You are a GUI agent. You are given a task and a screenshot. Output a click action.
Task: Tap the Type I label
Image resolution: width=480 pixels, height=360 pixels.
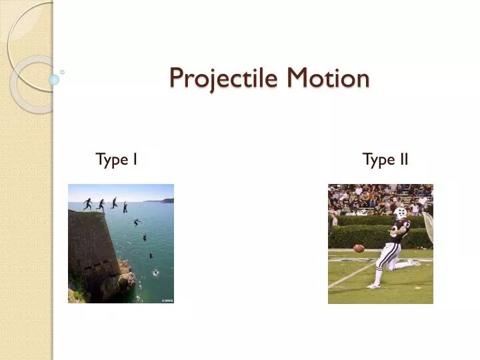(117, 159)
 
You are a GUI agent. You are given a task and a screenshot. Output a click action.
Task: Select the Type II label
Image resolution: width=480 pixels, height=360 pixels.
(385, 159)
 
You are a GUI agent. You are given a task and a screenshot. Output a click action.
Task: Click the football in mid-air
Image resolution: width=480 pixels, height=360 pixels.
(359, 248)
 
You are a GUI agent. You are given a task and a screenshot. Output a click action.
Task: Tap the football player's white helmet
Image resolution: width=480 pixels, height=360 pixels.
(400, 214)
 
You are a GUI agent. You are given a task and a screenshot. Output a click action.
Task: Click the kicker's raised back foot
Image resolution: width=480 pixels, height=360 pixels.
(415, 262)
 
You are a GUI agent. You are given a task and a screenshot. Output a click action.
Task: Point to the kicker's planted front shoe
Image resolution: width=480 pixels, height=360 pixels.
(374, 285)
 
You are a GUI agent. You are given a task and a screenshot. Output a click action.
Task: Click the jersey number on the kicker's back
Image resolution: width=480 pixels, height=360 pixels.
(406, 230)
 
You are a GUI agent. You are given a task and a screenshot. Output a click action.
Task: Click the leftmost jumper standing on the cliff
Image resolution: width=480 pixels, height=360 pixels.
(87, 203)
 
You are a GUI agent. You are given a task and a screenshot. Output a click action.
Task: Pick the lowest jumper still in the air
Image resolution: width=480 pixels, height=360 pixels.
(151, 254)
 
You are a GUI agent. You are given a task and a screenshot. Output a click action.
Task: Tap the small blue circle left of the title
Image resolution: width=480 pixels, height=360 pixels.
(54, 80)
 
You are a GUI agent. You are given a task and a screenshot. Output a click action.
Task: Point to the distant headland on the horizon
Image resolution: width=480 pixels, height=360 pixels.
(166, 200)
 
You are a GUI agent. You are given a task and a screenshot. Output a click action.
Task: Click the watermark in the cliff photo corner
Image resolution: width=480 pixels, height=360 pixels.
(167, 301)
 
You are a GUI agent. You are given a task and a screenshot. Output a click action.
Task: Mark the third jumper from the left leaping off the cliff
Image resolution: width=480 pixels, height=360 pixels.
(114, 202)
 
